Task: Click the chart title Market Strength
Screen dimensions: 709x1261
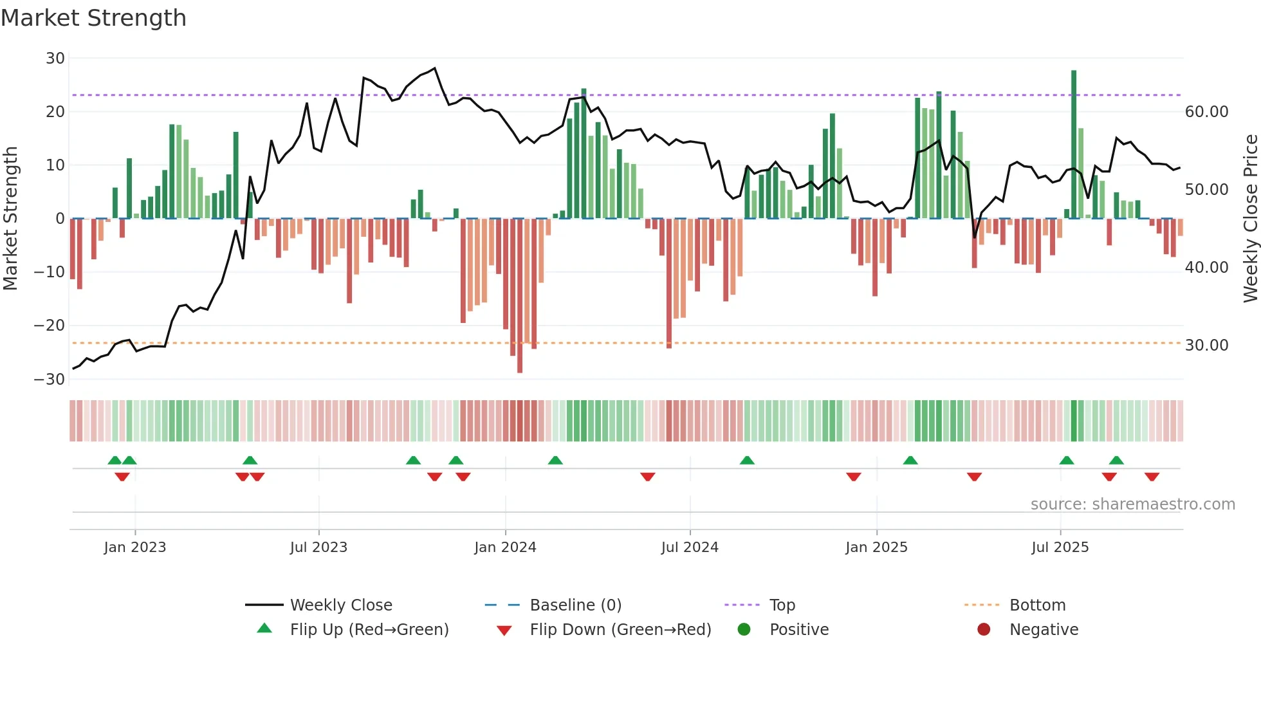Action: point(93,18)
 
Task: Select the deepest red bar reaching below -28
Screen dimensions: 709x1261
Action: point(520,296)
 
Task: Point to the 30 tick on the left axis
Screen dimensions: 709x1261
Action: point(55,59)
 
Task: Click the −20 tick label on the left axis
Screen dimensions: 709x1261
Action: point(50,326)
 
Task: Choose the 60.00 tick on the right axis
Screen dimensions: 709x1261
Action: point(1206,112)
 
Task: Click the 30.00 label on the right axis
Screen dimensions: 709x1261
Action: point(1206,345)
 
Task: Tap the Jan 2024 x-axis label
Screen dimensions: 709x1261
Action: point(505,548)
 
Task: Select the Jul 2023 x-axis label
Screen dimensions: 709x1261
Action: point(318,548)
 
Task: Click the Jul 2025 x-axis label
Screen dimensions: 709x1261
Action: point(1060,548)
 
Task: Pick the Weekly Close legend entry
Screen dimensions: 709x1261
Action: point(340,605)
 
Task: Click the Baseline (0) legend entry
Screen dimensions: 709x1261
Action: point(575,605)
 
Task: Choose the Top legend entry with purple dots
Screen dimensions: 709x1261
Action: point(782,605)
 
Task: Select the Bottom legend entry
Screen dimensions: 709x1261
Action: point(1037,605)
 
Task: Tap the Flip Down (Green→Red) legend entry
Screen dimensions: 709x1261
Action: point(620,630)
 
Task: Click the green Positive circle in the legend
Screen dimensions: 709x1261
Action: point(744,630)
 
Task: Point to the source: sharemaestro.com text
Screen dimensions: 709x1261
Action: point(1132,504)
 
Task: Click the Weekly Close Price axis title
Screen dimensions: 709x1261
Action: point(1250,219)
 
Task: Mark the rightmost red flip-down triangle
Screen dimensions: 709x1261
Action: point(1152,477)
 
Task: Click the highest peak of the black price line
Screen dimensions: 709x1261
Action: point(435,68)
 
